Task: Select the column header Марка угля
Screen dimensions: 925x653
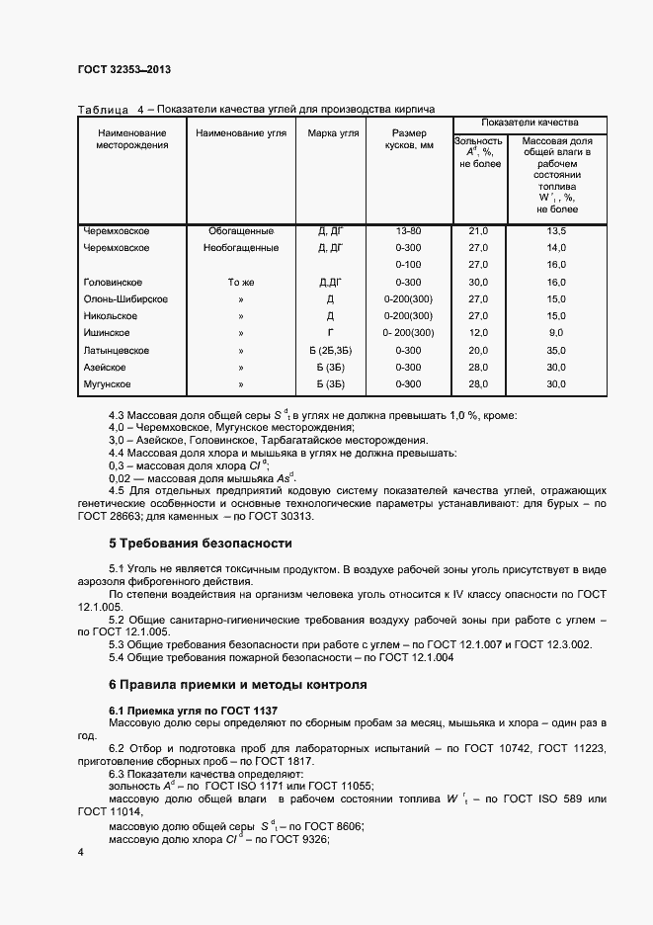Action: tap(333, 132)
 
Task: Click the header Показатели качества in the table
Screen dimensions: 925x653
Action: tap(529, 122)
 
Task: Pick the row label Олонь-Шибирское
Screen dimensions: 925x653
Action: tap(125, 298)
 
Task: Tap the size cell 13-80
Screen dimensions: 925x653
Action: tap(409, 230)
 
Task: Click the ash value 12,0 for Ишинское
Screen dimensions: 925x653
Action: tap(478, 333)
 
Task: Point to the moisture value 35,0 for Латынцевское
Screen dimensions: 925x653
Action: tap(556, 350)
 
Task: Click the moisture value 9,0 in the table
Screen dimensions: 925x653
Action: tap(556, 333)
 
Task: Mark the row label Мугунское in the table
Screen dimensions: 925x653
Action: tap(108, 383)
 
